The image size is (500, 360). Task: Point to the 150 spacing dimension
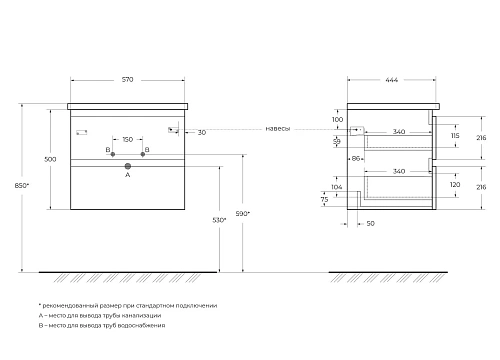coord(127,139)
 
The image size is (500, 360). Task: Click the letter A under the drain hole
coord(127,175)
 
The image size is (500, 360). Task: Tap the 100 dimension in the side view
coord(337,119)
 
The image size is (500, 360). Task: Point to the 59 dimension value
coord(337,141)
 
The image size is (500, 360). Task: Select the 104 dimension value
coord(337,187)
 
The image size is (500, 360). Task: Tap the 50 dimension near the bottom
coord(371,226)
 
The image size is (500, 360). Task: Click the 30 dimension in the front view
coord(201,131)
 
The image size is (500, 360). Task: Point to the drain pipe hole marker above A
coord(127,164)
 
